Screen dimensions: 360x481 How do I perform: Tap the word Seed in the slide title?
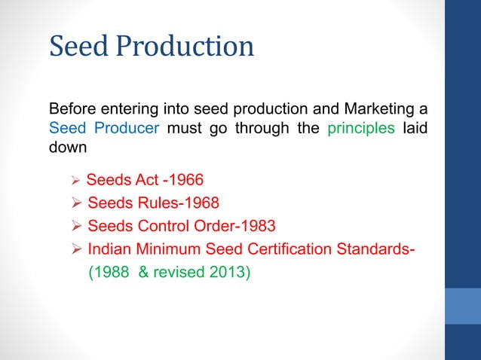(x=76, y=47)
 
